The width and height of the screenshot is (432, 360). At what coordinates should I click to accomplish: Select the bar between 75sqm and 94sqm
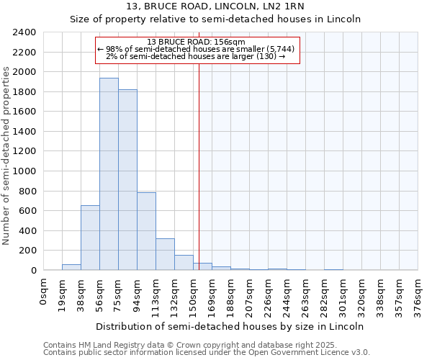[127, 180]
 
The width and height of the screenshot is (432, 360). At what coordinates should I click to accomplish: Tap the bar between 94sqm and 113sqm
[146, 231]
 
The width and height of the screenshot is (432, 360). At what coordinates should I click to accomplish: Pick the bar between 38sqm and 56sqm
[90, 238]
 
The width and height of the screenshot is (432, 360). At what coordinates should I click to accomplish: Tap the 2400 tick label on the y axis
[24, 32]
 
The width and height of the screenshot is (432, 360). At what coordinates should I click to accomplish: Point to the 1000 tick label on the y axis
[24, 171]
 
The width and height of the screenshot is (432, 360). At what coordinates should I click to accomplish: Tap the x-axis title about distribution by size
[230, 326]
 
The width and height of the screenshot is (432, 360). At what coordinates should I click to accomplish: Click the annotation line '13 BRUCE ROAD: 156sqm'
[196, 42]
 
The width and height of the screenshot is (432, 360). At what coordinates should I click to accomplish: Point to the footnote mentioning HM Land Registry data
[206, 345]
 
